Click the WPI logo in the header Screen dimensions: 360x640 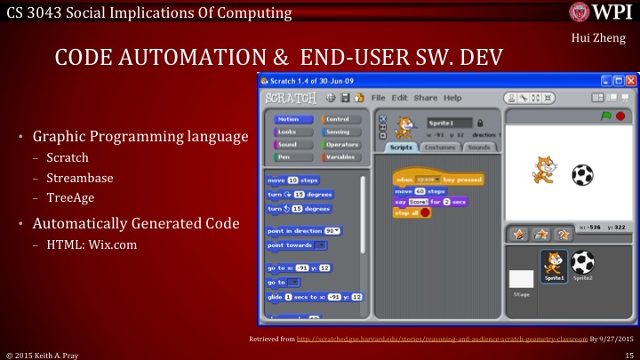(x=601, y=13)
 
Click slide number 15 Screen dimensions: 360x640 (x=628, y=354)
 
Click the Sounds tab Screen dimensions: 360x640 (x=477, y=147)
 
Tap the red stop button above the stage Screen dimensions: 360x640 (x=619, y=116)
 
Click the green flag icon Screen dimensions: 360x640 (x=605, y=116)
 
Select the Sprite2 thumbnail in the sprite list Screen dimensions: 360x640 (x=582, y=263)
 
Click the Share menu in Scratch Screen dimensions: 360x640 (x=425, y=97)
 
